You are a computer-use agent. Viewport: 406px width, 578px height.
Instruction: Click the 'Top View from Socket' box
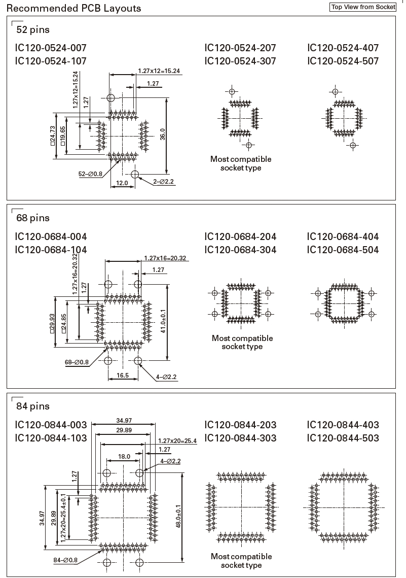(362, 7)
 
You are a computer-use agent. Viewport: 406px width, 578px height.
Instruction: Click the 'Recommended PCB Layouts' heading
(73, 8)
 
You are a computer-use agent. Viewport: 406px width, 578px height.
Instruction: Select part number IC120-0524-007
(51, 48)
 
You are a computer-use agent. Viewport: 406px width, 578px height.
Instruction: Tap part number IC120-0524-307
(240, 61)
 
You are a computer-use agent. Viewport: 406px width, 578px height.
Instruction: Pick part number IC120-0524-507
(343, 61)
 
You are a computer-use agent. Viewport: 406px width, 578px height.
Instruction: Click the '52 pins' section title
(33, 29)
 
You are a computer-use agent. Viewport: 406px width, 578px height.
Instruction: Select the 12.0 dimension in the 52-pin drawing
(122, 183)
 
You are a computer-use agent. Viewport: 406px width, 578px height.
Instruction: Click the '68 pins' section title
(33, 218)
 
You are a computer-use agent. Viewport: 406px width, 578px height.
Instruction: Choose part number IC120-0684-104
(51, 249)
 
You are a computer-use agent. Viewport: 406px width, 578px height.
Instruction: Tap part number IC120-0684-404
(343, 236)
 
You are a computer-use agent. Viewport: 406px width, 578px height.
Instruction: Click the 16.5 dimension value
(122, 376)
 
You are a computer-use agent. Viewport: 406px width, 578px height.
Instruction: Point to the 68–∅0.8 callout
(77, 362)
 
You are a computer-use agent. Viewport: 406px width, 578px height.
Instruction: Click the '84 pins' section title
(33, 406)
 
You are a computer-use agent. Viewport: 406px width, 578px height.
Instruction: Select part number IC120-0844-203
(240, 424)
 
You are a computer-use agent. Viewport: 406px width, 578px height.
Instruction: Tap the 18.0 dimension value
(124, 457)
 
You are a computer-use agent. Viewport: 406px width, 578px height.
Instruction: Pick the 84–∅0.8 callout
(65, 560)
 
